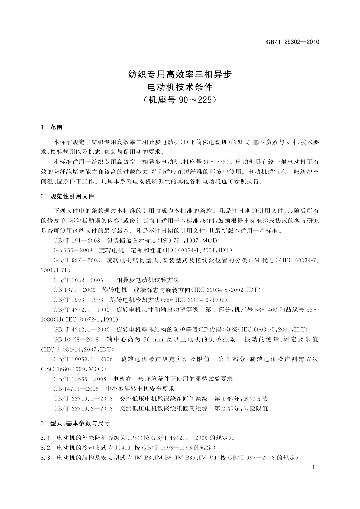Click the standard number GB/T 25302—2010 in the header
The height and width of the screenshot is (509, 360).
pos(292,42)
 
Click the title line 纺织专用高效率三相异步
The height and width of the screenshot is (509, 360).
pos(180,74)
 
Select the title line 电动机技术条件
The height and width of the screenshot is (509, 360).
pos(180,87)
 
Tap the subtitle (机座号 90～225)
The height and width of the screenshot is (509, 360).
pos(180,100)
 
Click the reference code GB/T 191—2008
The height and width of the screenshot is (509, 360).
pos(77,241)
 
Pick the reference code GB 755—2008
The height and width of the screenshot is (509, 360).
pos(73,250)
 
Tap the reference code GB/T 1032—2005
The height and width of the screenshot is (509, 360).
pos(78,280)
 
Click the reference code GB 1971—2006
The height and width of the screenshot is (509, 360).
pos(74,290)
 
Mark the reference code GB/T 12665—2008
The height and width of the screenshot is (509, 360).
pos(80,379)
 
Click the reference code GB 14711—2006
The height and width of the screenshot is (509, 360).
pos(76,389)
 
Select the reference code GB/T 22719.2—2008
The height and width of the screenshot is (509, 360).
pos(83,409)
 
